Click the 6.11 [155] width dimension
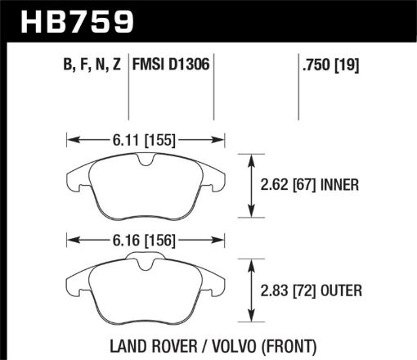[143, 140]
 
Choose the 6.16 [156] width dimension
[143, 241]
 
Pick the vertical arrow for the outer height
[250, 290]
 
